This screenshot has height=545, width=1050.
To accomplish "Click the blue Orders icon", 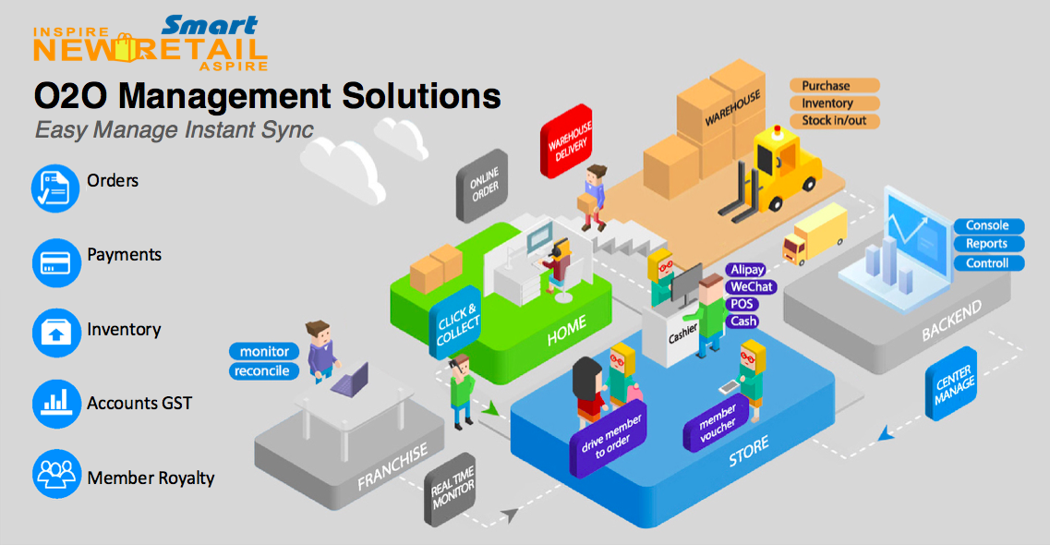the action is tap(55, 188).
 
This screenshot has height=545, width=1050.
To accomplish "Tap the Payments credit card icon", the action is tap(56, 262).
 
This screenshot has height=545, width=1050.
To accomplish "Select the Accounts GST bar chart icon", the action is tap(56, 404).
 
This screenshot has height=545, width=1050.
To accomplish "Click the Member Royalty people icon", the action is tap(56, 474).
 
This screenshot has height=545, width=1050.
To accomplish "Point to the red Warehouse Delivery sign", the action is tap(567, 141).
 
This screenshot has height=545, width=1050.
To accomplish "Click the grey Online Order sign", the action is tap(482, 186).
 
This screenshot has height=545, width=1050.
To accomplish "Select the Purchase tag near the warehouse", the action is tap(835, 86).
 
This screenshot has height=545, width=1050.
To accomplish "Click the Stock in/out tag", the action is tap(835, 120).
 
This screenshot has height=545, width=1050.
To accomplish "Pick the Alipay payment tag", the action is tap(746, 270).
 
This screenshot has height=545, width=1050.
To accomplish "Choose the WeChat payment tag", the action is tap(751, 286).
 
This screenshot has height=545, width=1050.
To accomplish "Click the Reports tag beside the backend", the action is tap(988, 244).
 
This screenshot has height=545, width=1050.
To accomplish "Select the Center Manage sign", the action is tap(951, 383).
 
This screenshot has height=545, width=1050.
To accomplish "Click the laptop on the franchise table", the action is tap(350, 380).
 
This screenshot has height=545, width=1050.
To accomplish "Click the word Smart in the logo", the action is tap(210, 26).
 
